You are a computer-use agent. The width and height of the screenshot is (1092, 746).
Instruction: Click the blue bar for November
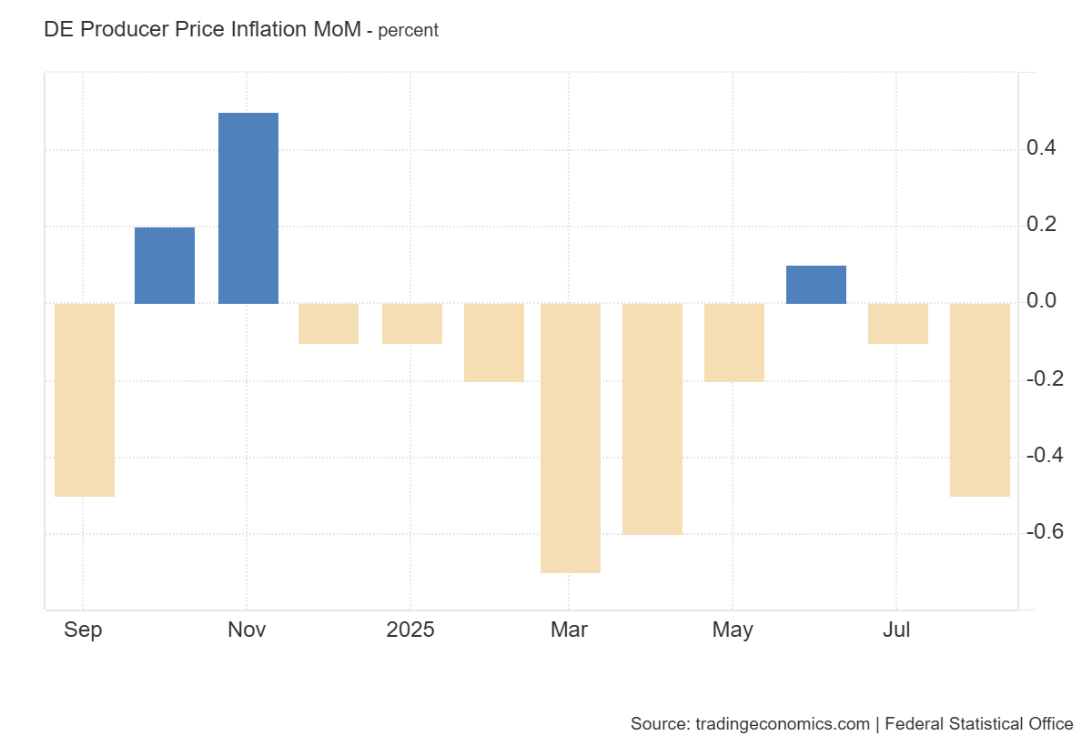248,208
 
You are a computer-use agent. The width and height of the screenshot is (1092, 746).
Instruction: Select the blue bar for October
165,265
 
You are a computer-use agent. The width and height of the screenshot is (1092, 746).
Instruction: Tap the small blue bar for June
815,285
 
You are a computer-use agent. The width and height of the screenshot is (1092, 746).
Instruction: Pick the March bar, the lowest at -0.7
571,438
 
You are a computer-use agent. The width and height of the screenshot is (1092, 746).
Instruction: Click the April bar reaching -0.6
652,418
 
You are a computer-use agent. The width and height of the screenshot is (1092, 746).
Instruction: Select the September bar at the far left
85,399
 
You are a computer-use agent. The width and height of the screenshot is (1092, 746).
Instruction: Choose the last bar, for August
979,399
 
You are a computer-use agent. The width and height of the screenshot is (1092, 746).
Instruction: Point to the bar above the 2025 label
412,324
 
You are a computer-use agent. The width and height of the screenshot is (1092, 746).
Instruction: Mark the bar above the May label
734,342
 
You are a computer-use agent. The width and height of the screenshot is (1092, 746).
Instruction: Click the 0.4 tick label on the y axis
1041,148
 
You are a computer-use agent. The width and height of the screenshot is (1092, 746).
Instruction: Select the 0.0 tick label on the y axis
1041,301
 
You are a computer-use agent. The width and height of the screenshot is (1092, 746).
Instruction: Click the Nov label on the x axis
247,630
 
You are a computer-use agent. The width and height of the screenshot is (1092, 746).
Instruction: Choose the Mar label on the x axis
569,630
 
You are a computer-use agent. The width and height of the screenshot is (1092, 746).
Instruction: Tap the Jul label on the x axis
896,630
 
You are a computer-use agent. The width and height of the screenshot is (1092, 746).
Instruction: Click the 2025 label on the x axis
410,630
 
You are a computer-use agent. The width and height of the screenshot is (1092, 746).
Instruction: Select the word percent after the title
409,30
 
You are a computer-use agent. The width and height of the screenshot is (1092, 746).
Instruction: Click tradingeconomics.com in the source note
783,724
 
